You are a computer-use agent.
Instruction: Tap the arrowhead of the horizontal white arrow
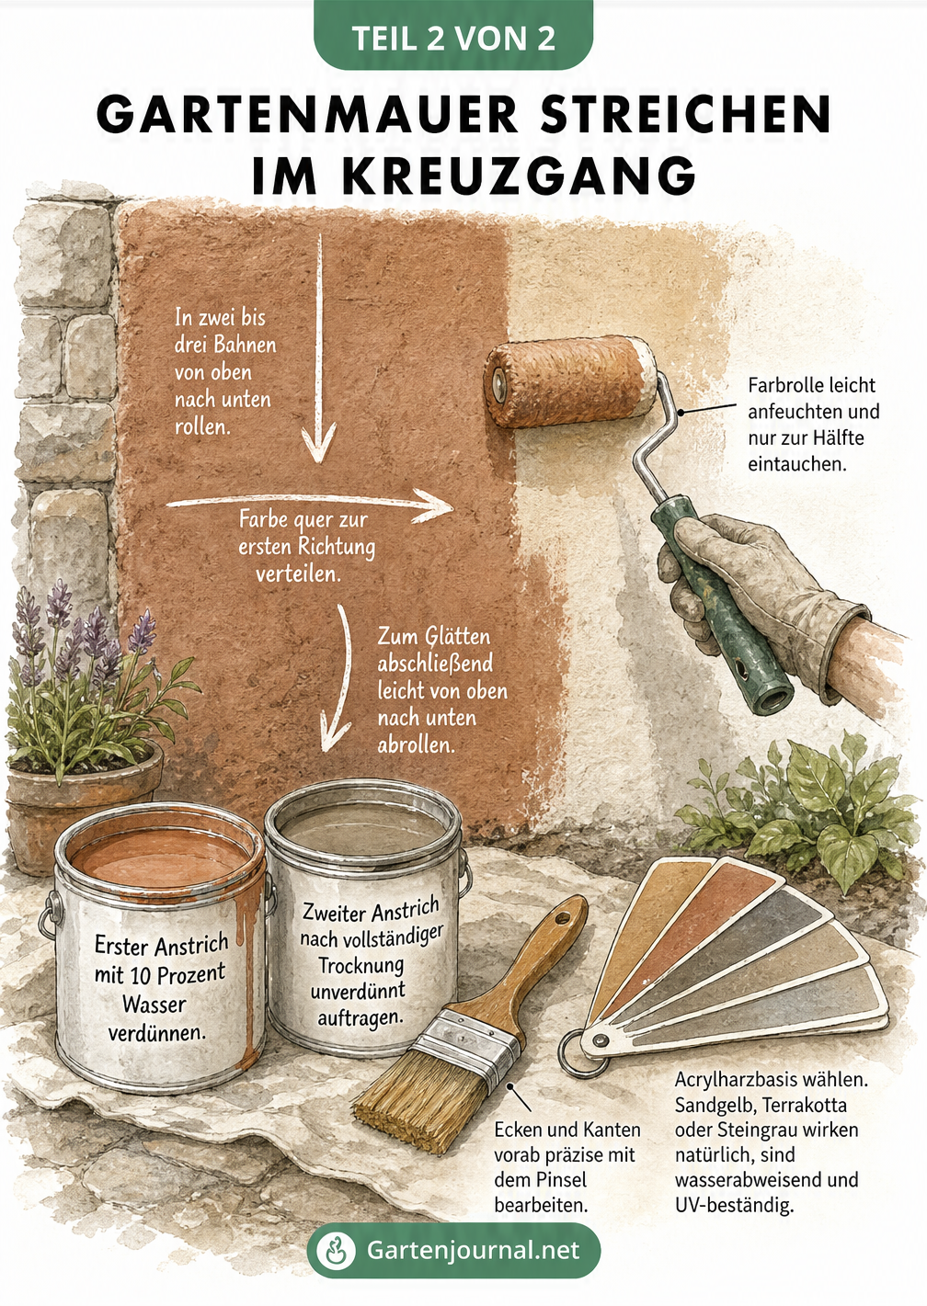pos(437,505)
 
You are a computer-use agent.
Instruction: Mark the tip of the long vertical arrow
pos(318,463)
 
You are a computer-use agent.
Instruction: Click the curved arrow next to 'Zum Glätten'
pos(340,676)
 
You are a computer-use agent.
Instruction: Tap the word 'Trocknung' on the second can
pos(361,965)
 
